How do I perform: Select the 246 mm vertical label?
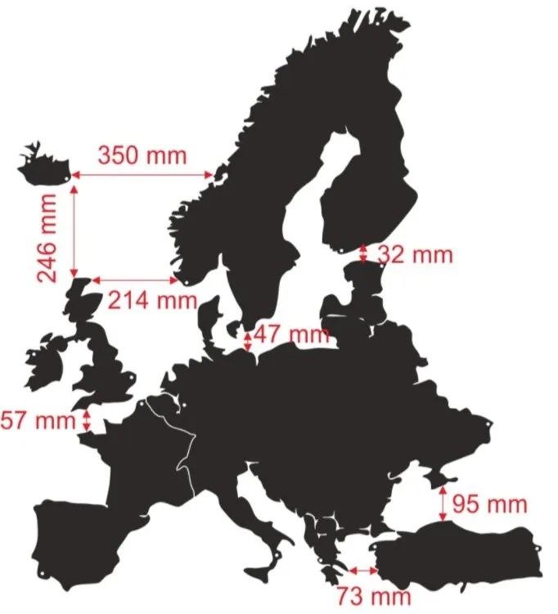point(48,237)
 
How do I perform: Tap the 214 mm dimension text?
point(152,300)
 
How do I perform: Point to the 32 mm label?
point(415,254)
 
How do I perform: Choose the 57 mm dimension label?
point(38,422)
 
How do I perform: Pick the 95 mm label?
point(490,504)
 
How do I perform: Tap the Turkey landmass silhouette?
point(458,556)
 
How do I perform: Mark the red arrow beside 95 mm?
point(443,504)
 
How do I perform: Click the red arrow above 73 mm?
point(362,570)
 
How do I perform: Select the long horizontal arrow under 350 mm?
point(142,174)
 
